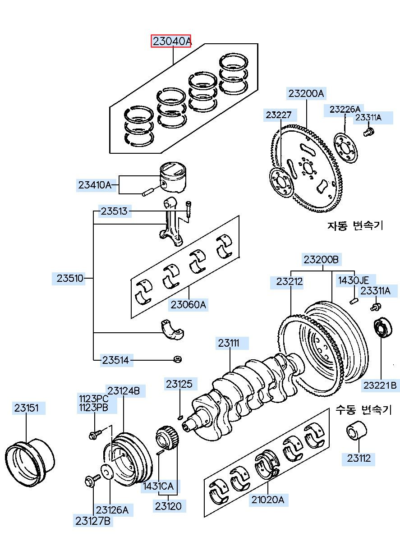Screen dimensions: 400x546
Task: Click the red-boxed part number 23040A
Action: pyautogui.click(x=171, y=41)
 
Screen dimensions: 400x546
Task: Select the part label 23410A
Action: pyautogui.click(x=95, y=185)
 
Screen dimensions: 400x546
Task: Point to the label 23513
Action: pyautogui.click(x=114, y=211)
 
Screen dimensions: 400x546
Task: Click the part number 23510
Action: pyautogui.click(x=70, y=278)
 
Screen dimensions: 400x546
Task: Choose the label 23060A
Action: pyautogui.click(x=188, y=305)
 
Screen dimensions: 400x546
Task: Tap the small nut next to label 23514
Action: pyautogui.click(x=178, y=359)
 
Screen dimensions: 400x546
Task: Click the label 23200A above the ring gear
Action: pyautogui.click(x=306, y=94)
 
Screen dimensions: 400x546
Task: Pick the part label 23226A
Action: pyautogui.click(x=345, y=110)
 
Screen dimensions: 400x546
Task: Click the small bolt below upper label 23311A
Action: pyautogui.click(x=369, y=132)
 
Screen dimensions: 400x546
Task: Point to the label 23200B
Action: pyautogui.click(x=321, y=260)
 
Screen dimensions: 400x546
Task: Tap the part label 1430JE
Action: pyautogui.click(x=354, y=280)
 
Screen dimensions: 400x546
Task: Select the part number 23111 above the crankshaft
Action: pyautogui.click(x=228, y=343)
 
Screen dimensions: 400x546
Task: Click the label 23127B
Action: pyautogui.click(x=93, y=521)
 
